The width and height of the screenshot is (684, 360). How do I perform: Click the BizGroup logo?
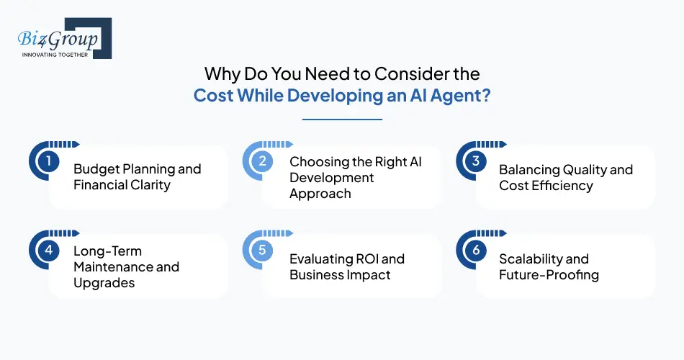[62, 37]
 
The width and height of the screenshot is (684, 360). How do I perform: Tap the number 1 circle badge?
[48, 161]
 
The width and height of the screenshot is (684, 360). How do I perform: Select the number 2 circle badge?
[262, 161]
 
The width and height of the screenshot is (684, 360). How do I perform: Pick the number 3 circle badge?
[475, 161]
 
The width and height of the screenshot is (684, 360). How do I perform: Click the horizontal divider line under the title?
[342, 120]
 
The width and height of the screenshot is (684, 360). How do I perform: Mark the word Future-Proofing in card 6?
[549, 275]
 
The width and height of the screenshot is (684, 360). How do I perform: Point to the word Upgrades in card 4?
[104, 283]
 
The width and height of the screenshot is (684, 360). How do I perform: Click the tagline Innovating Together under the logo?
[55, 54]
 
